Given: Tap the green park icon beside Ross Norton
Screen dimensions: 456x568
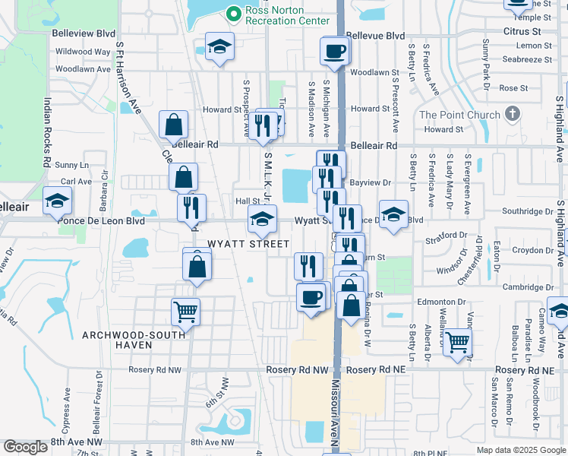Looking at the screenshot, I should [233, 12].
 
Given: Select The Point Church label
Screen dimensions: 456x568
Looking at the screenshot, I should [459, 116].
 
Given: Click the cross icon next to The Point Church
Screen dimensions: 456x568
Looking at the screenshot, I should [513, 115].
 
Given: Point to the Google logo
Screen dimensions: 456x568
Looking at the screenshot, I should [25, 447].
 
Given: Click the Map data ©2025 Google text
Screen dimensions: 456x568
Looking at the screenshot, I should [521, 450].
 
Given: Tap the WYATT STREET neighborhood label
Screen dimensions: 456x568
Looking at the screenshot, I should [248, 244].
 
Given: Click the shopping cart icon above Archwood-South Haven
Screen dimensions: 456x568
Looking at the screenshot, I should [185, 310].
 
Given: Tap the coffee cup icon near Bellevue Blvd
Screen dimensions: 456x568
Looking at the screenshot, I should [335, 52].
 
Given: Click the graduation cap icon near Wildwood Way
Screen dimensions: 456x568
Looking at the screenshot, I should [219, 46].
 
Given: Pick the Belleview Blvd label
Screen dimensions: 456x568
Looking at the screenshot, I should [84, 34].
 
